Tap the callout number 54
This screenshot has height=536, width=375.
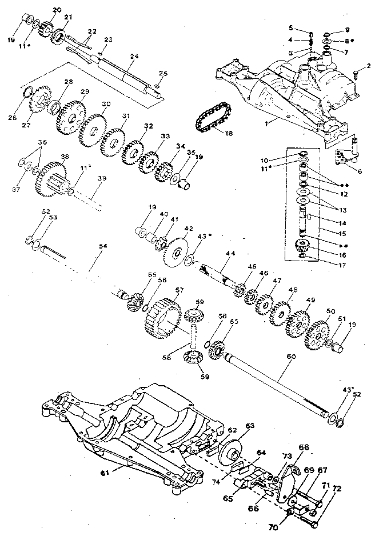(x=103, y=246)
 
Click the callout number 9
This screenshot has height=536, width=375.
(x=346, y=30)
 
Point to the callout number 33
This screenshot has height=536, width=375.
(x=165, y=137)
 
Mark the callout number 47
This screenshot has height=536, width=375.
(x=277, y=281)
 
